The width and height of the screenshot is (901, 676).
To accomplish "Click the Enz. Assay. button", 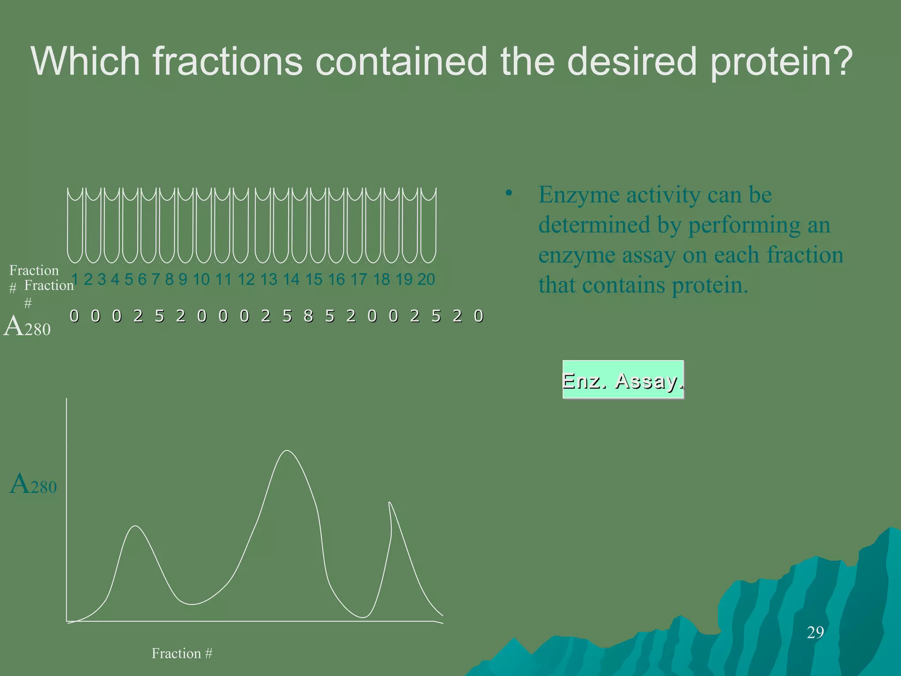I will point(623,380).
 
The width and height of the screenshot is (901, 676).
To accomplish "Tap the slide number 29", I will point(815,632).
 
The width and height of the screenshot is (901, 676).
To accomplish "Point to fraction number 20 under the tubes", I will point(426,279).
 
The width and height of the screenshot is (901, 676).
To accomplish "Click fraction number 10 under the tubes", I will point(201,279).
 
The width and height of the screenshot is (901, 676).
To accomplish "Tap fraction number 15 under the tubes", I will point(314,279).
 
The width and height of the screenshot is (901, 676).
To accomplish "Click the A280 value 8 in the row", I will point(308,316).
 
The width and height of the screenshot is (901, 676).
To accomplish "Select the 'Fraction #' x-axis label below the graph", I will point(182,653).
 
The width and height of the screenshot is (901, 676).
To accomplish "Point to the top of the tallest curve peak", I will point(287,451).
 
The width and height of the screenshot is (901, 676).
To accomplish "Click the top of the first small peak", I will point(136,526).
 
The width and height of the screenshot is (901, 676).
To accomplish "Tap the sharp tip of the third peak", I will point(389,503).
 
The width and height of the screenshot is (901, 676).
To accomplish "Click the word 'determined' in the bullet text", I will point(594,225).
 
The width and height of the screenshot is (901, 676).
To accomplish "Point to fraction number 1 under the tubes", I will point(75,279).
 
